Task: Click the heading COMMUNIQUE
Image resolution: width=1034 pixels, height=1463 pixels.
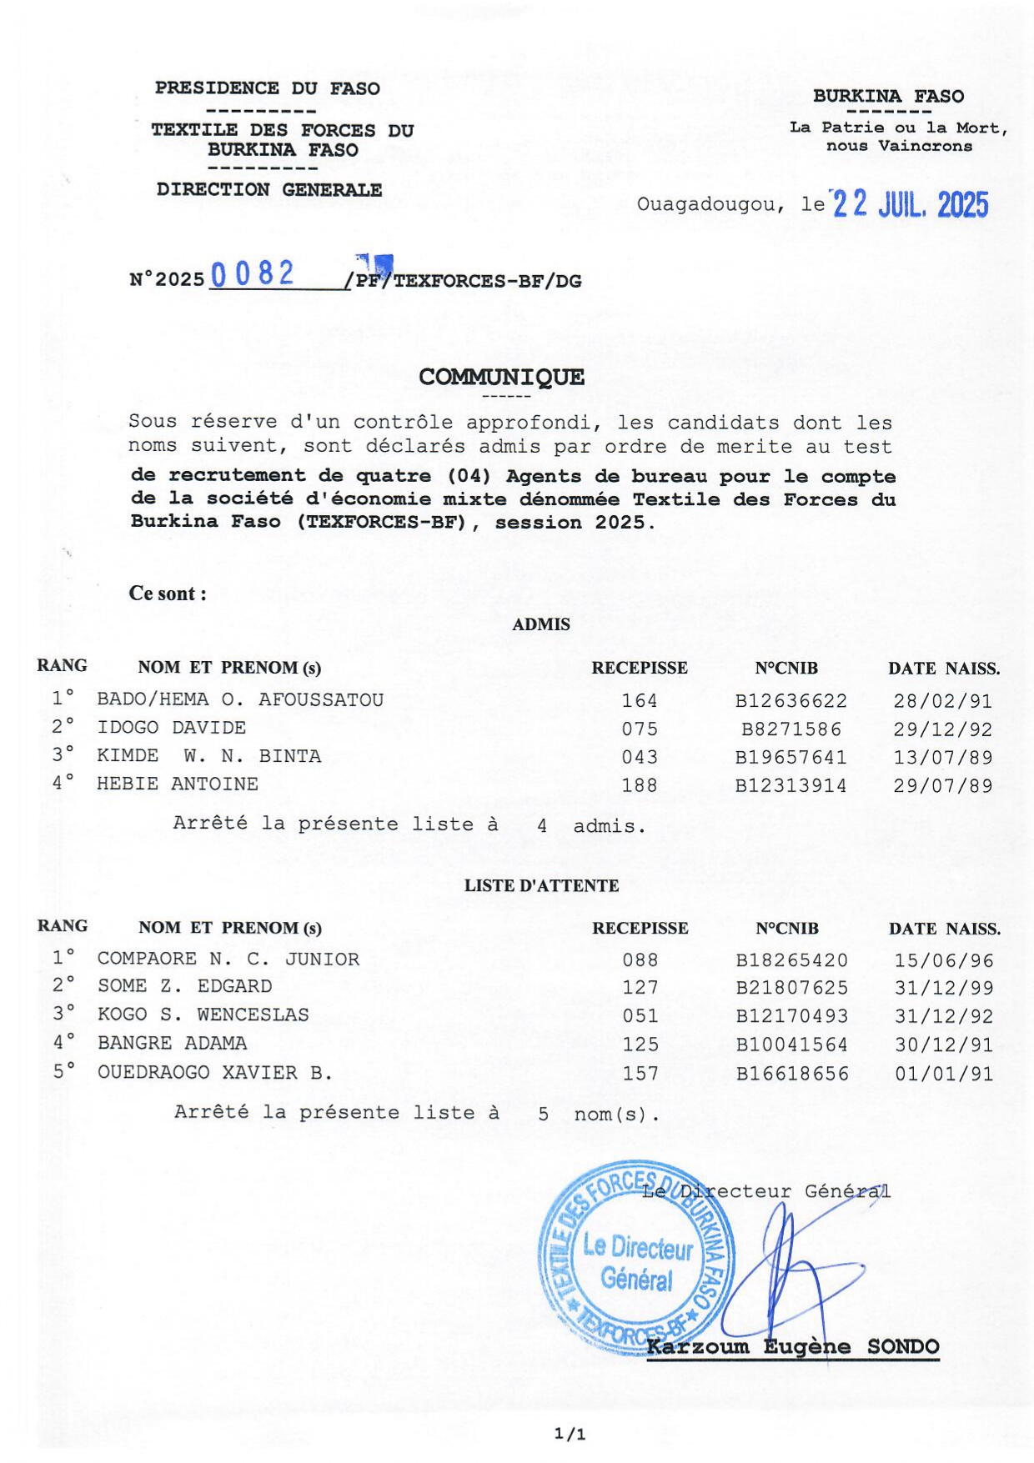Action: coord(501,377)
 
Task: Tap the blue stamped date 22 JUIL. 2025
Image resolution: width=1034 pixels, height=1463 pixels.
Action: coord(911,204)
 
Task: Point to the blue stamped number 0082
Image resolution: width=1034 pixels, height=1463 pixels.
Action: coord(253,273)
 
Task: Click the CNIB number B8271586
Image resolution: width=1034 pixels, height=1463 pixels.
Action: coord(791,729)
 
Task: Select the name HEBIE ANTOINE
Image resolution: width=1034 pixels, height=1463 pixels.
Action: coord(178,784)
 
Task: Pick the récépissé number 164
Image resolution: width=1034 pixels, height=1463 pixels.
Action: coord(640,701)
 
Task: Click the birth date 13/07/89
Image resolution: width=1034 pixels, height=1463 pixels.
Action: coord(943,758)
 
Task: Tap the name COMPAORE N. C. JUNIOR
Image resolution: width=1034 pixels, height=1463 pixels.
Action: coord(228,959)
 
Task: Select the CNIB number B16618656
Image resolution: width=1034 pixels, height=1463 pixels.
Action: coord(792,1074)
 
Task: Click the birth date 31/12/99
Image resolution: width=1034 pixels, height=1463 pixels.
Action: coord(944,988)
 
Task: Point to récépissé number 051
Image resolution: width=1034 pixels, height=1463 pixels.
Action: coord(640,1016)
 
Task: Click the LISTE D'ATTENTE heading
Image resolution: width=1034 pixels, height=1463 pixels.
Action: coord(541,886)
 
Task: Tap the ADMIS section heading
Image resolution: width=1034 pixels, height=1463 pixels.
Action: coord(541,624)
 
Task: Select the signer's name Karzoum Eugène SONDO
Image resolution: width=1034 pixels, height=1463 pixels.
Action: coord(793,1347)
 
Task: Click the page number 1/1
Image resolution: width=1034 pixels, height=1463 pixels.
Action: coord(570,1435)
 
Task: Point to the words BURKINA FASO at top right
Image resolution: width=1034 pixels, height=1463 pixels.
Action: coord(888,97)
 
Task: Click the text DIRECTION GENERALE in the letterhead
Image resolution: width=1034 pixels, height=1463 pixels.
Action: coord(269,190)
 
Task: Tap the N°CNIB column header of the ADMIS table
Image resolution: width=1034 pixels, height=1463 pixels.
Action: coord(786,669)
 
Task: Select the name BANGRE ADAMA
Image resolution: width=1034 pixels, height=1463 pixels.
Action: coord(173,1044)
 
